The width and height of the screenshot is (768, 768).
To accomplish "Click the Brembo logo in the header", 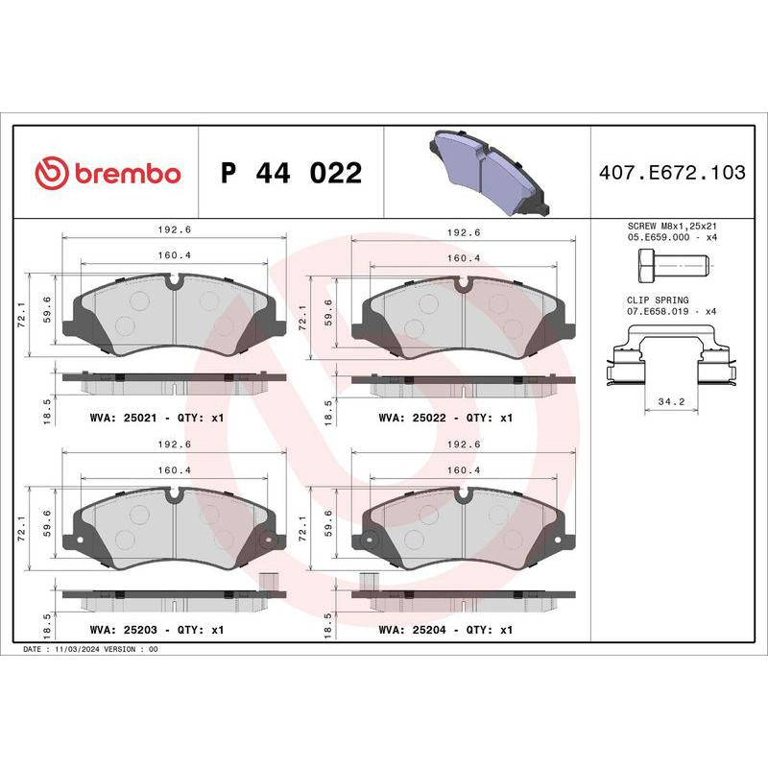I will [108, 174].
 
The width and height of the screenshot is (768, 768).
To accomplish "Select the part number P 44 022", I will [291, 174].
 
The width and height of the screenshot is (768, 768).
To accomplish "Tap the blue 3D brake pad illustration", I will [487, 172].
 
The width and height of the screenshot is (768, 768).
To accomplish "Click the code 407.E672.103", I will [671, 174].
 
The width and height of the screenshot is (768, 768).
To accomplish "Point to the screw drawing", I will [671, 262].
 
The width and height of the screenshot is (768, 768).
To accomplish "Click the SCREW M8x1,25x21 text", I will [671, 223].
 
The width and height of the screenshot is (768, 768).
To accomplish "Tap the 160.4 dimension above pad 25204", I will [464, 469].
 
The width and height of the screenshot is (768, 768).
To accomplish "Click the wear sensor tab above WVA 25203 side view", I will [268, 582].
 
